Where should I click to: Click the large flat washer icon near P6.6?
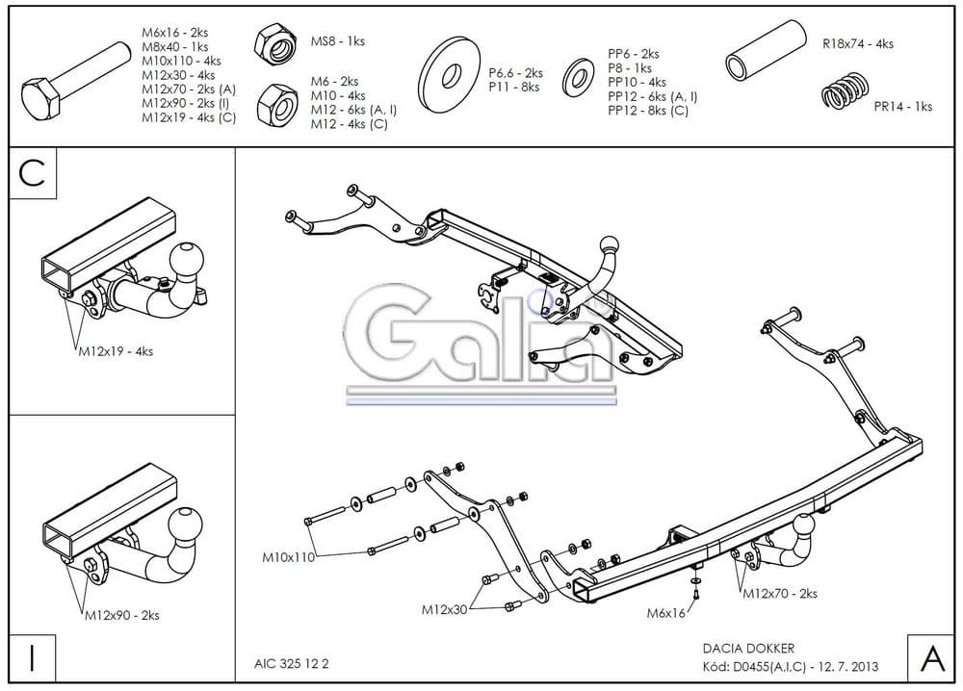click(x=450, y=70)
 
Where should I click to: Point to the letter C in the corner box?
click(x=32, y=173)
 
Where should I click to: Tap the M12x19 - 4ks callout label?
click(x=115, y=351)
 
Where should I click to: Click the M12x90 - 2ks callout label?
click(x=121, y=614)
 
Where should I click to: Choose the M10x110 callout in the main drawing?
click(x=288, y=556)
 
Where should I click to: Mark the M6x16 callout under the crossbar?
click(x=665, y=612)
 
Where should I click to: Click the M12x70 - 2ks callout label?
click(x=779, y=594)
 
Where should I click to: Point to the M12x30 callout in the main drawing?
click(x=444, y=609)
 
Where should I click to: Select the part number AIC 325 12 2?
click(x=292, y=664)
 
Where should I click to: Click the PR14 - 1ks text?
click(x=902, y=107)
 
